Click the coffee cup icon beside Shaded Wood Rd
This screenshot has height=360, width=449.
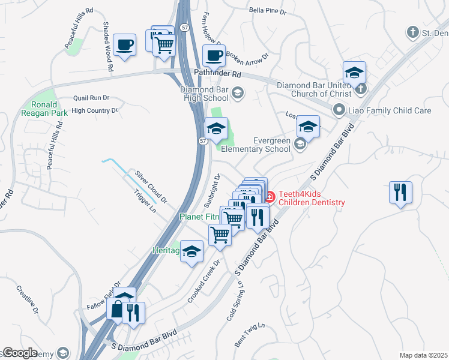(124, 44)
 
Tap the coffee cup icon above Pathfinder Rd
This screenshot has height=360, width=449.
(214, 56)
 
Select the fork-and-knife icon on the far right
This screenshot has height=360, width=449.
(400, 193)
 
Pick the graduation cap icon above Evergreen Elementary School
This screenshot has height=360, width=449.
(308, 127)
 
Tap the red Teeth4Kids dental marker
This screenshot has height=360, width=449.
(270, 196)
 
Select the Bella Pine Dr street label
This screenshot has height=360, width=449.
(271, 10)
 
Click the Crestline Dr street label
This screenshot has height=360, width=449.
(28, 299)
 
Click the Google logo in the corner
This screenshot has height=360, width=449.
(19, 353)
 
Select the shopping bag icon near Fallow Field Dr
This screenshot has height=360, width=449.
(117, 310)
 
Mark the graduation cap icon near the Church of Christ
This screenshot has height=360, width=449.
(354, 73)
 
